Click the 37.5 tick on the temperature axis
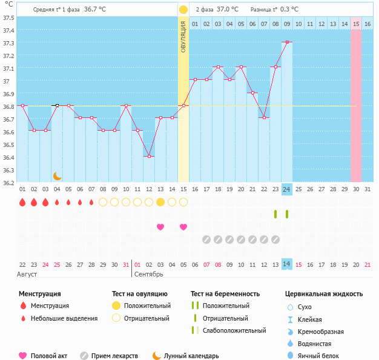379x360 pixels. point(8,18)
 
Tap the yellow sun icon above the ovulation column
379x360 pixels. point(183,10)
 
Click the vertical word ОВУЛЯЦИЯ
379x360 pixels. point(183,37)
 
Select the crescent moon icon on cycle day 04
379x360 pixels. point(57,175)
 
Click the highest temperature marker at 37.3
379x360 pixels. point(287,42)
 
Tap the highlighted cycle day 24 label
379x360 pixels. point(287,189)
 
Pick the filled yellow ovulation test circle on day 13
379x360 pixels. point(160,202)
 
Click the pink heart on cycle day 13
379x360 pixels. point(160,227)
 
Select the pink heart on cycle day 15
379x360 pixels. point(183,227)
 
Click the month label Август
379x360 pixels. point(27,274)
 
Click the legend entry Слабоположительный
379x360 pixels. point(234,330)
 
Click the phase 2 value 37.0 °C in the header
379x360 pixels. point(227,10)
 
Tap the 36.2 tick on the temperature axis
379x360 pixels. point(8,182)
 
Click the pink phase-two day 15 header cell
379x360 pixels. point(356,24)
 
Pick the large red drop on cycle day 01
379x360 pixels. point(22,202)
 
